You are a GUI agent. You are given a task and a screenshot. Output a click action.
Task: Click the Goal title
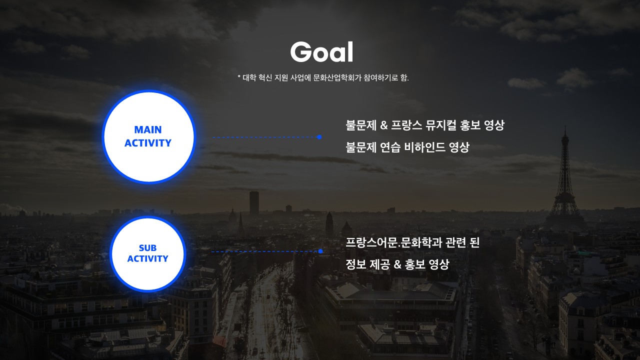tap(321, 52)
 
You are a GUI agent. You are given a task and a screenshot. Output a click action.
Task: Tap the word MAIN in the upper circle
tap(148, 129)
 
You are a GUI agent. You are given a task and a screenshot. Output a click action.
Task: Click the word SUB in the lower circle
tap(147, 247)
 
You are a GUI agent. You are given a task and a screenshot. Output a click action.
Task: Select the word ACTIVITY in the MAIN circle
tap(148, 143)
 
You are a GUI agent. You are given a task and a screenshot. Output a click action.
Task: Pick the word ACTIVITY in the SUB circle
tap(147, 258)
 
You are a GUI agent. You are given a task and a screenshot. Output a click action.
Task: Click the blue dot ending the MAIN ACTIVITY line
tap(319, 137)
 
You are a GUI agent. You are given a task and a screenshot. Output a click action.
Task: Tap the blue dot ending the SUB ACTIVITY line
tap(320, 251)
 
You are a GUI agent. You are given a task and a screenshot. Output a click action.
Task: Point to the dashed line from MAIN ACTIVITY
tap(264, 137)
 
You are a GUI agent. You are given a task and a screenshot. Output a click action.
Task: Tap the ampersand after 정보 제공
tap(397, 264)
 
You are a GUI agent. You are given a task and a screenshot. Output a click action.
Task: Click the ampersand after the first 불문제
tap(384, 125)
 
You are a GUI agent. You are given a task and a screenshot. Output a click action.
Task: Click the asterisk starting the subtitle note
tap(239, 76)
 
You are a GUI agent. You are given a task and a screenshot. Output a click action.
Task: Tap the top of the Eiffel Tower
tap(565, 126)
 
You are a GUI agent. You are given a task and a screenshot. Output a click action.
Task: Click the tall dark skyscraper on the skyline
tap(254, 203)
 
